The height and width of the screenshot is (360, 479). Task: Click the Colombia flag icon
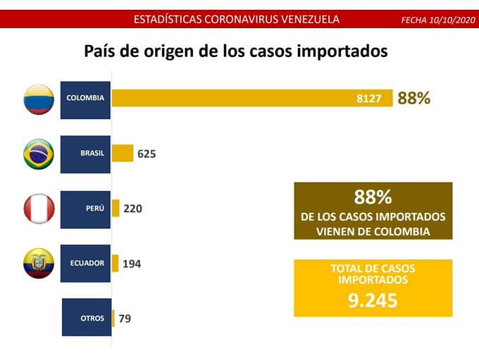click(x=39, y=99)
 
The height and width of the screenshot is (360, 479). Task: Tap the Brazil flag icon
click(x=39, y=154)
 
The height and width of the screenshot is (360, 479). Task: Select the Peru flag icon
click(x=39, y=209)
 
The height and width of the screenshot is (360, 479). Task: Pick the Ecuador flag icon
click(x=39, y=263)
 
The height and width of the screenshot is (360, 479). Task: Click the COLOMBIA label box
click(x=85, y=99)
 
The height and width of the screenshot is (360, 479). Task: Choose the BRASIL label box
click(x=85, y=154)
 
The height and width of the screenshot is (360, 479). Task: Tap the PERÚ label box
click(x=85, y=209)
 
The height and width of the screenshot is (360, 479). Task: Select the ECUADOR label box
click(x=85, y=263)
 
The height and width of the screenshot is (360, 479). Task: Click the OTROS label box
click(x=86, y=318)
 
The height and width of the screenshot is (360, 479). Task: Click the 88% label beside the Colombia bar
click(x=413, y=99)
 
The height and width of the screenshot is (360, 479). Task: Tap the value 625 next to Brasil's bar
click(x=147, y=154)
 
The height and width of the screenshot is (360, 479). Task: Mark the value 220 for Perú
click(x=133, y=209)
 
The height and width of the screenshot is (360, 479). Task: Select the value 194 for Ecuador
click(x=132, y=263)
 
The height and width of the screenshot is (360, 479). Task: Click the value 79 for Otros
click(x=125, y=318)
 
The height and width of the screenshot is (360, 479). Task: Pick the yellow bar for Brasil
click(x=122, y=154)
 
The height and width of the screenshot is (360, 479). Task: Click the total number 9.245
click(x=373, y=301)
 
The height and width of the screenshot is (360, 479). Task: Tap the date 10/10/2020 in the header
click(x=450, y=20)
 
